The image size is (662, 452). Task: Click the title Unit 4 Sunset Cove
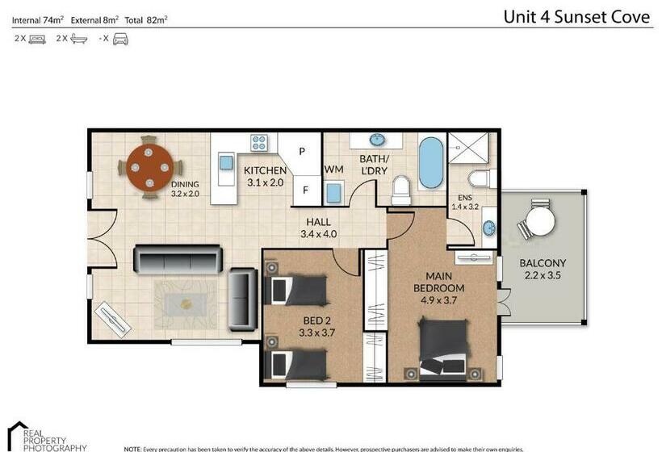click(x=576, y=17)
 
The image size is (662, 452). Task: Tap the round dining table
click(x=148, y=167)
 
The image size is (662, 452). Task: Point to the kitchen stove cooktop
click(x=259, y=143)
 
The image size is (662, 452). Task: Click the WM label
click(x=333, y=169)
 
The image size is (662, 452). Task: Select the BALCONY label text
click(x=542, y=263)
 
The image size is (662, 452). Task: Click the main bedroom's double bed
click(x=443, y=347)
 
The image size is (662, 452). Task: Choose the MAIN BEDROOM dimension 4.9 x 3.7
click(x=438, y=300)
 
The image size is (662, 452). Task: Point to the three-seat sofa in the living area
click(x=177, y=259)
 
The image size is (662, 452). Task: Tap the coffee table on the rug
click(x=187, y=304)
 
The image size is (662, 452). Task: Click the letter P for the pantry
click(x=302, y=151)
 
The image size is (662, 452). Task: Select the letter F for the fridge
click(x=305, y=190)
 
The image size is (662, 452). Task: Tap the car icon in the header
click(x=120, y=38)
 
